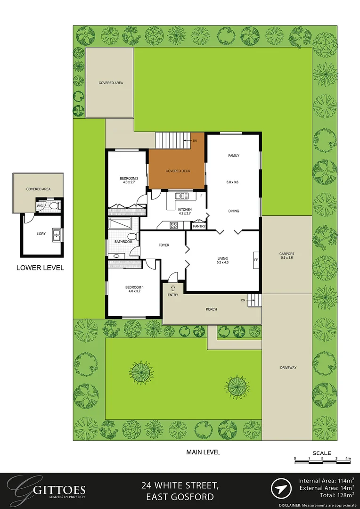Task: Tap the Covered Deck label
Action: tap(178, 171)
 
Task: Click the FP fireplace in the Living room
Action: tap(256, 260)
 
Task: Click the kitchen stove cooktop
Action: tap(173, 225)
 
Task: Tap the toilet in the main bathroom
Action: tap(132, 236)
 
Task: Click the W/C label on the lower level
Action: tap(40, 206)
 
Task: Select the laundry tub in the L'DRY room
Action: tap(57, 235)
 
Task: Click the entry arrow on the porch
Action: tap(172, 288)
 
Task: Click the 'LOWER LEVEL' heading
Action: tap(40, 268)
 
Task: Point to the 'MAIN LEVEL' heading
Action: tap(203, 452)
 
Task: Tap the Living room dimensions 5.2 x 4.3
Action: tap(223, 263)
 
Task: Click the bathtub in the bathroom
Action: tap(120, 224)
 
